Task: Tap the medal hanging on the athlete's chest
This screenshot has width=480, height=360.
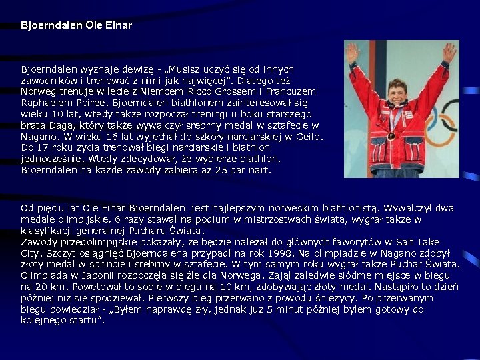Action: coord(391,136)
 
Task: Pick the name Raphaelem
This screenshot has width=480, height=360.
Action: coord(46,103)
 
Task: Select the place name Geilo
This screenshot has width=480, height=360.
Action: coord(309,136)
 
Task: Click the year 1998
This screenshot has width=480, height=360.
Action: coord(275,253)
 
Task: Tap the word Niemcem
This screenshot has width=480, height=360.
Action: coord(148,91)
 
